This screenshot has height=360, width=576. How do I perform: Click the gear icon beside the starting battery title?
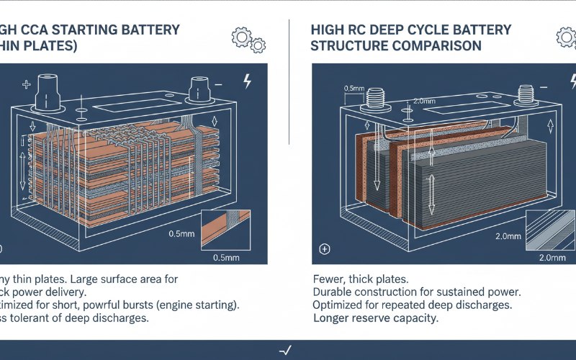[x=241, y=37]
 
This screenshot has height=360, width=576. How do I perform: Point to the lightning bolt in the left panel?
[x=248, y=81]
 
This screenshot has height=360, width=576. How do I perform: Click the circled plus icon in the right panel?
[x=325, y=249]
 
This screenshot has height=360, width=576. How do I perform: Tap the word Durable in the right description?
[x=337, y=292]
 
